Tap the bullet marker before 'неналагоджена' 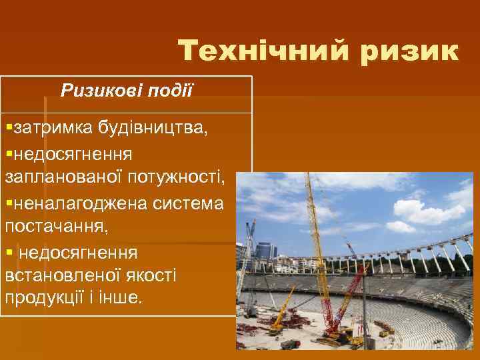pos(8,203)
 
